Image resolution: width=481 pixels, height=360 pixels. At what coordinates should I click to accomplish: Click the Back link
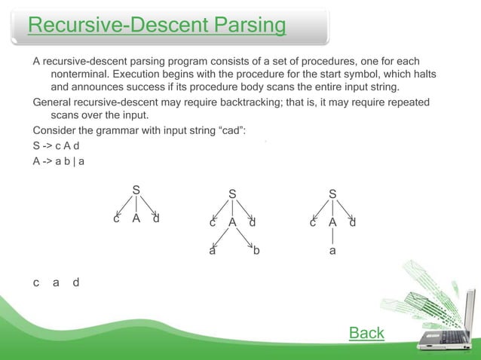click(366, 333)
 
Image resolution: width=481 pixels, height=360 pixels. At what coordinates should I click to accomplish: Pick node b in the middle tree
click(256, 251)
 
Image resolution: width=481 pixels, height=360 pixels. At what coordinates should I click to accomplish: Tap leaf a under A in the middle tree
click(213, 251)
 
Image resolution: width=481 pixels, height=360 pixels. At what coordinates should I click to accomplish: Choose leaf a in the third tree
click(332, 251)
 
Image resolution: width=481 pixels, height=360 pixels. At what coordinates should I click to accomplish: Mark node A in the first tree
click(136, 219)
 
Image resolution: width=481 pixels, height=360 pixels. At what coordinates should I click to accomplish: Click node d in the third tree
click(353, 223)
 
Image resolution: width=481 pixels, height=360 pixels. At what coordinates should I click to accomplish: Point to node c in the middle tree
click(213, 223)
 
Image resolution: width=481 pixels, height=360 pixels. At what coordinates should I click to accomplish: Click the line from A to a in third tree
click(332, 236)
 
